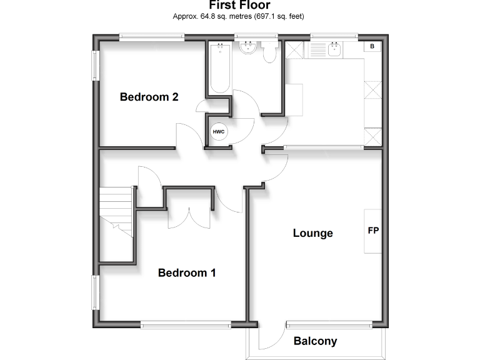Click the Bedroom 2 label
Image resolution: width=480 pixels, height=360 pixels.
(x=149, y=97)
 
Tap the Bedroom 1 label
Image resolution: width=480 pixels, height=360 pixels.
(x=187, y=273)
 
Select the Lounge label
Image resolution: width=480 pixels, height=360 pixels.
(x=313, y=233)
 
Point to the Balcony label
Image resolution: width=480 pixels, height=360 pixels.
(x=316, y=341)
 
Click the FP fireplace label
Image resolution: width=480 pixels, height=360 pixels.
(x=373, y=231)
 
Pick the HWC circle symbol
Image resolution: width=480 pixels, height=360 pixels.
(x=219, y=132)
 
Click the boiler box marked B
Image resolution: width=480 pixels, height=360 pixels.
(x=372, y=47)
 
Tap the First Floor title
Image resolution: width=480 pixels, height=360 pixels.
(x=241, y=6)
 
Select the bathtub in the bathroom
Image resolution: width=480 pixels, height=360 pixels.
(x=219, y=68)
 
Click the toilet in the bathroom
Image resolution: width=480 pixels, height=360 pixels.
(x=270, y=53)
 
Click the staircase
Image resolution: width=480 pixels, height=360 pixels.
(x=116, y=212)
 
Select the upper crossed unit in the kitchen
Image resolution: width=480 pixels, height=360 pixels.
(x=372, y=91)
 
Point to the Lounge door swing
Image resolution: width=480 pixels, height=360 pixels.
(x=276, y=169)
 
